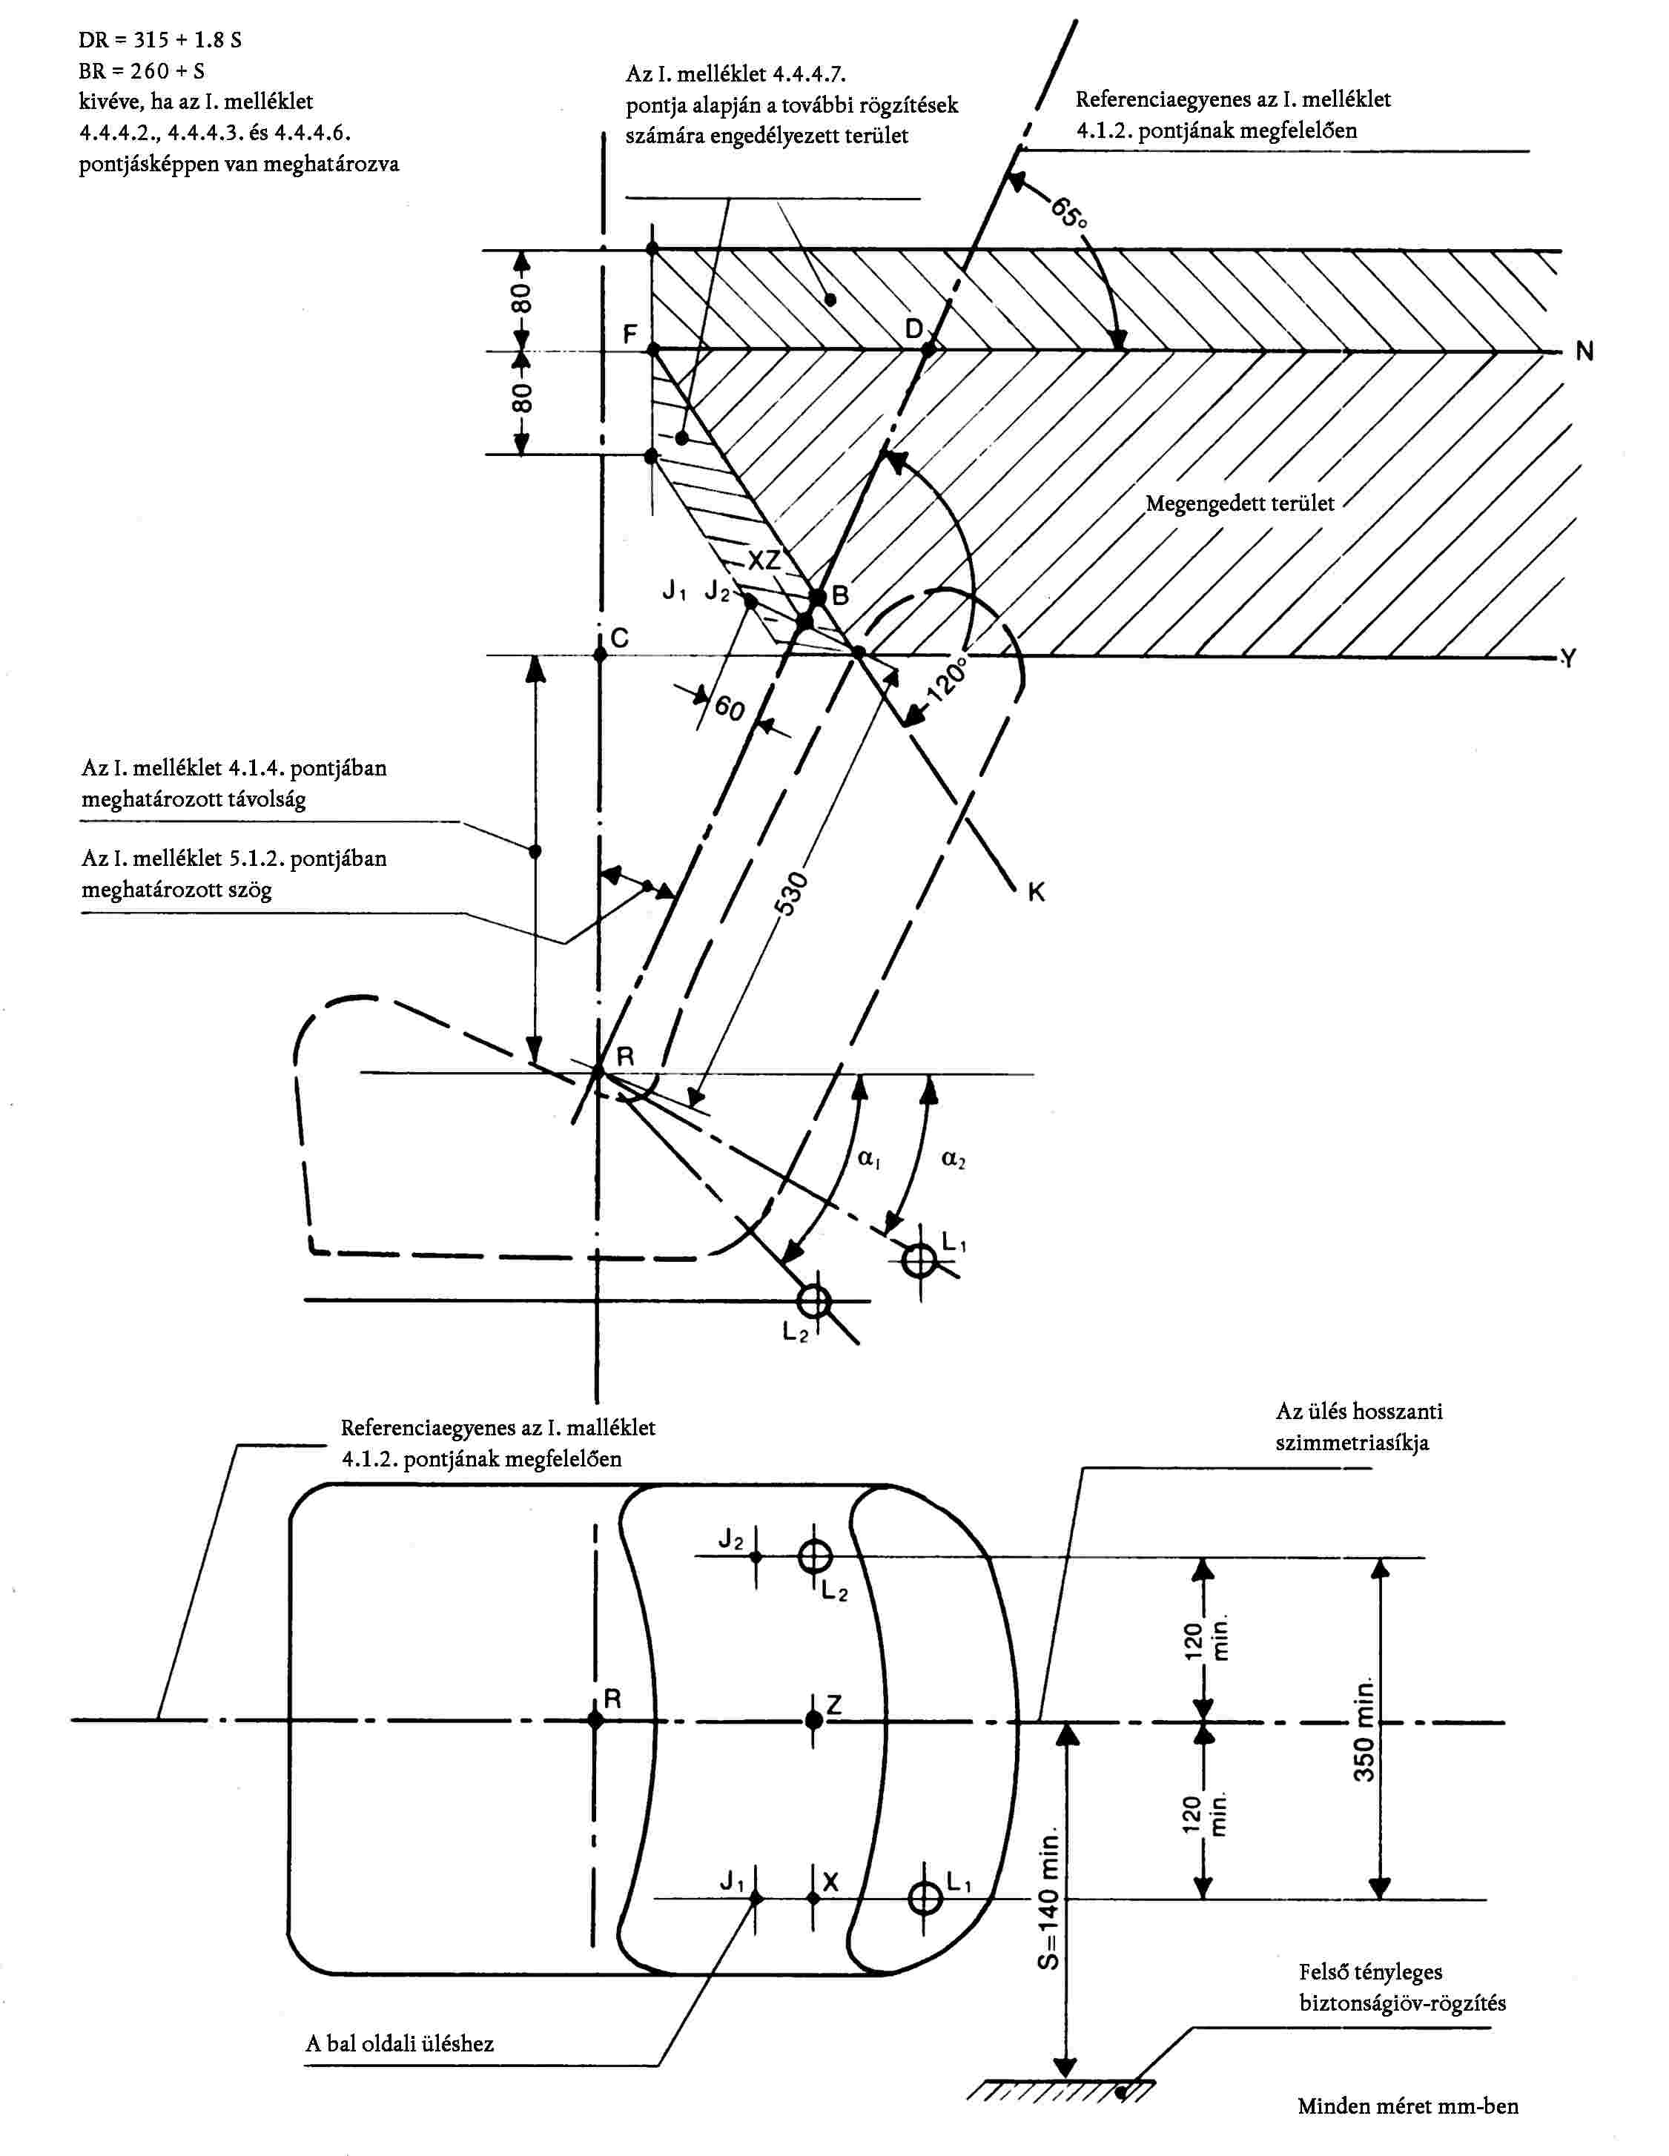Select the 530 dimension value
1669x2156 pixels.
point(793,894)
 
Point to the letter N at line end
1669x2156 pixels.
point(1585,351)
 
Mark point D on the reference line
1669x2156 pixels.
point(928,348)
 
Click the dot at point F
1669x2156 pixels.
point(653,348)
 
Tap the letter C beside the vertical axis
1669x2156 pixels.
point(620,638)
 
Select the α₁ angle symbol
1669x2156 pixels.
point(868,1159)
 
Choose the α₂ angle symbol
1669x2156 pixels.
point(953,1159)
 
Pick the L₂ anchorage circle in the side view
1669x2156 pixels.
point(813,1301)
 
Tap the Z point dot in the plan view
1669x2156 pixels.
point(814,1719)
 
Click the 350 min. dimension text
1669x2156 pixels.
point(1364,1727)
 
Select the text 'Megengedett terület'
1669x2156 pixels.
point(1240,503)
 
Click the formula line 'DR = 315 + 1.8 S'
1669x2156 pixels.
point(160,41)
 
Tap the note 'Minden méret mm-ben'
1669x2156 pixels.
point(1407,2106)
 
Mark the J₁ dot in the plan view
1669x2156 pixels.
point(756,1897)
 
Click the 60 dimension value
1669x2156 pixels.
point(730,708)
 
